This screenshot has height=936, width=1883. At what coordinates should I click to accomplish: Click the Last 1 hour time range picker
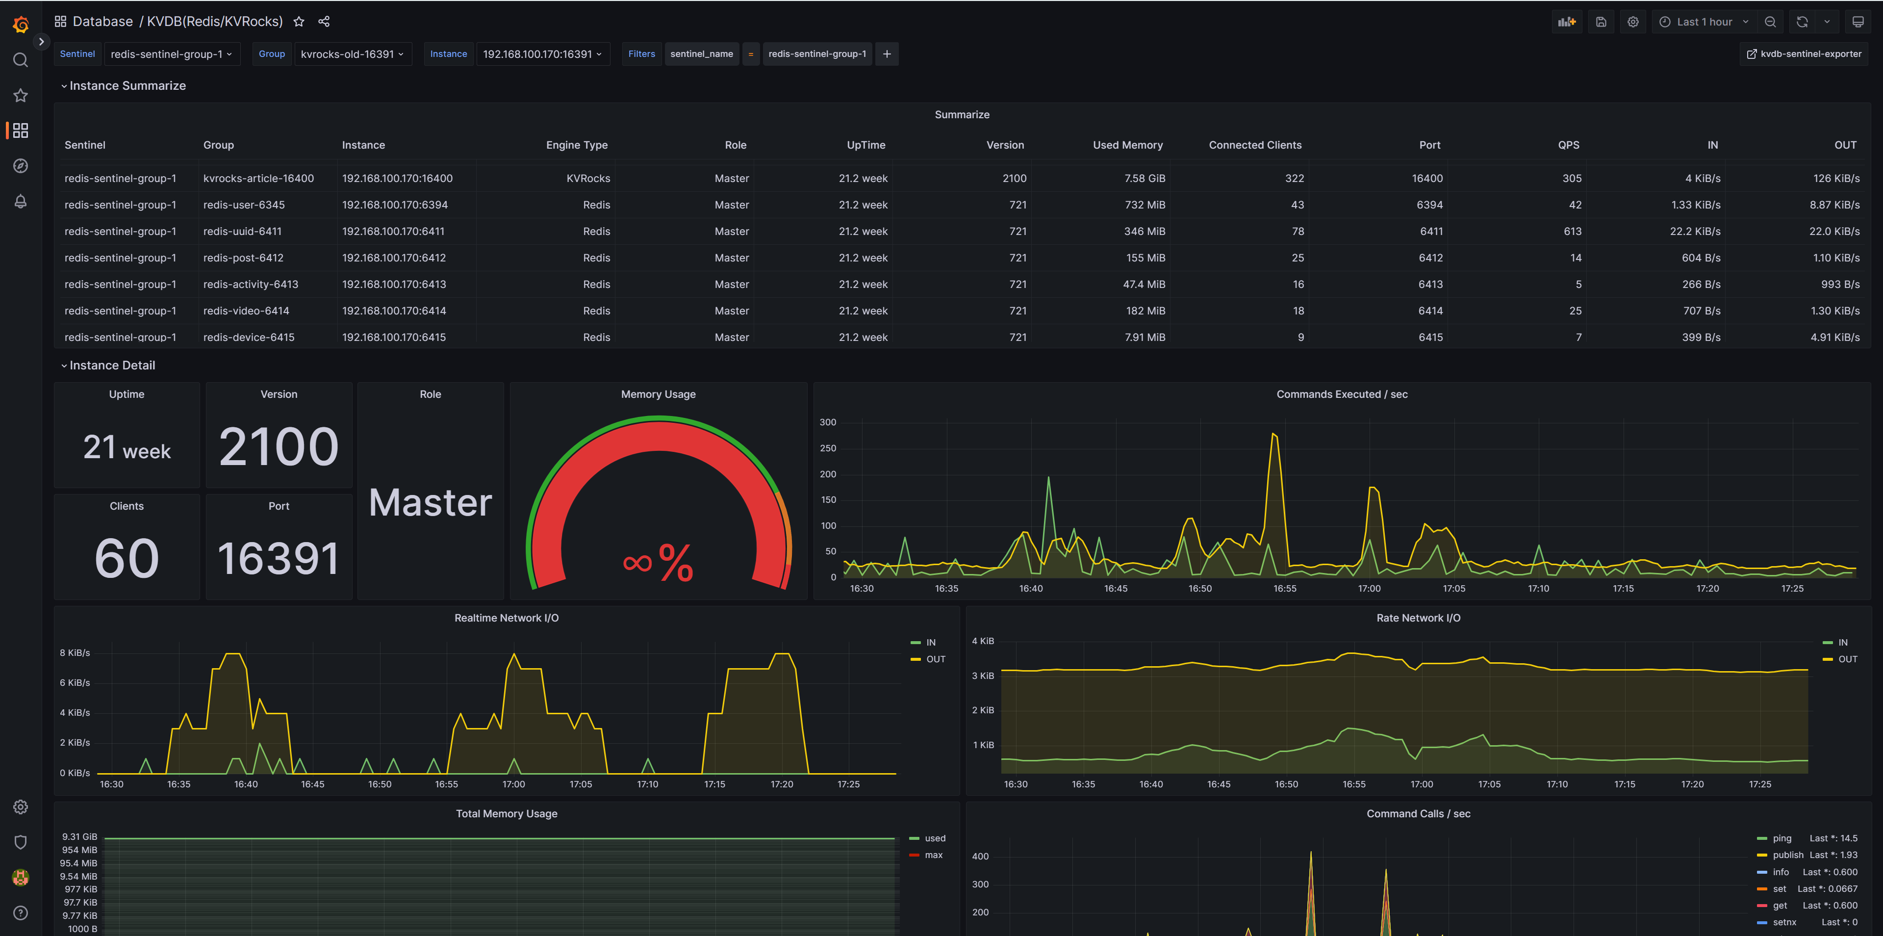click(1703, 22)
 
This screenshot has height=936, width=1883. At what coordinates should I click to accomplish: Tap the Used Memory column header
click(1127, 145)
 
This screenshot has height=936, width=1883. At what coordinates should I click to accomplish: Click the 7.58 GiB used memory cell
click(1144, 179)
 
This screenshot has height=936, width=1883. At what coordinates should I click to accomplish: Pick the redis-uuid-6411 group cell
click(242, 231)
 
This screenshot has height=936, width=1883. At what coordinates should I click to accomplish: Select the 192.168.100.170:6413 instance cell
click(394, 285)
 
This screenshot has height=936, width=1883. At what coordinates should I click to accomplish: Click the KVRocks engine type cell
click(588, 179)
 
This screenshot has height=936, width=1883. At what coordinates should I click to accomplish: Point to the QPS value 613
click(1572, 231)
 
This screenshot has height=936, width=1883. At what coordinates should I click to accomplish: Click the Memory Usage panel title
click(658, 394)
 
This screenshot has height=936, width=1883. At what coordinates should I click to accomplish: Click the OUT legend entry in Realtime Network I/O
click(935, 659)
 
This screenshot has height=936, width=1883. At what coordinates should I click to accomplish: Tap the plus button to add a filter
click(887, 54)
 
